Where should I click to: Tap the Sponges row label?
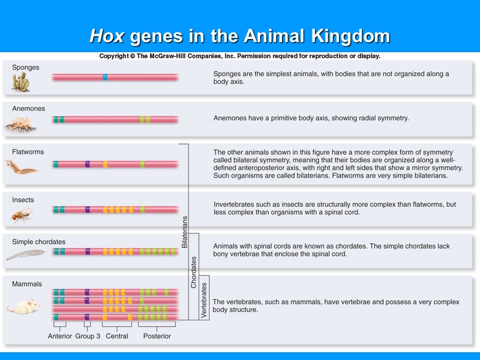point(26,68)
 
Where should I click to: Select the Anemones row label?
point(28,109)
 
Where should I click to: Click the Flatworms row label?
point(28,152)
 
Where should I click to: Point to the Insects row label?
point(23,200)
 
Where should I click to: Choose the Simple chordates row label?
point(39,242)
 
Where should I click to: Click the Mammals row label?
point(27,284)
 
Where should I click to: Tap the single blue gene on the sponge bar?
point(105,77)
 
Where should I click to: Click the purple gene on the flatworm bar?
point(88,164)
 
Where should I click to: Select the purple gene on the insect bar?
point(88,210)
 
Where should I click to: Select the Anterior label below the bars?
point(60,337)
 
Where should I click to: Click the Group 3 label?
point(88,337)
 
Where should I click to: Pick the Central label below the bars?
point(117,337)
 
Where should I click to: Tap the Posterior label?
point(157,337)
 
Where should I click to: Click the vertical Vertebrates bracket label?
point(204,298)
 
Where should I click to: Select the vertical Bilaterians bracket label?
point(185,232)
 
